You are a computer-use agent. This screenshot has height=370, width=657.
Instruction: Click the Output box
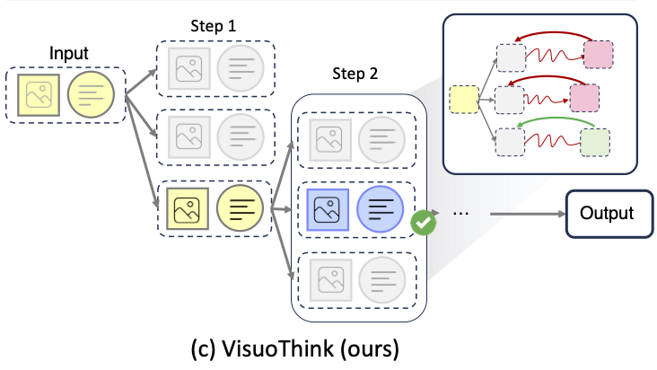(x=606, y=214)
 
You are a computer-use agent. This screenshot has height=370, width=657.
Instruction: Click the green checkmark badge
(x=422, y=222)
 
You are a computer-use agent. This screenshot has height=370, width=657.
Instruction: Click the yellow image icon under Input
(x=40, y=93)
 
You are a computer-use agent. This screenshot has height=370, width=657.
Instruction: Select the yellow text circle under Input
(x=92, y=93)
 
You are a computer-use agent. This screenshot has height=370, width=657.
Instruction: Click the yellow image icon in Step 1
(x=189, y=209)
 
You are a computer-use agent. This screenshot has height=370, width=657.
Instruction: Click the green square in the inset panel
(x=594, y=142)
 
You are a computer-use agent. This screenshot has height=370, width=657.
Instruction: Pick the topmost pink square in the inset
(x=598, y=54)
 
